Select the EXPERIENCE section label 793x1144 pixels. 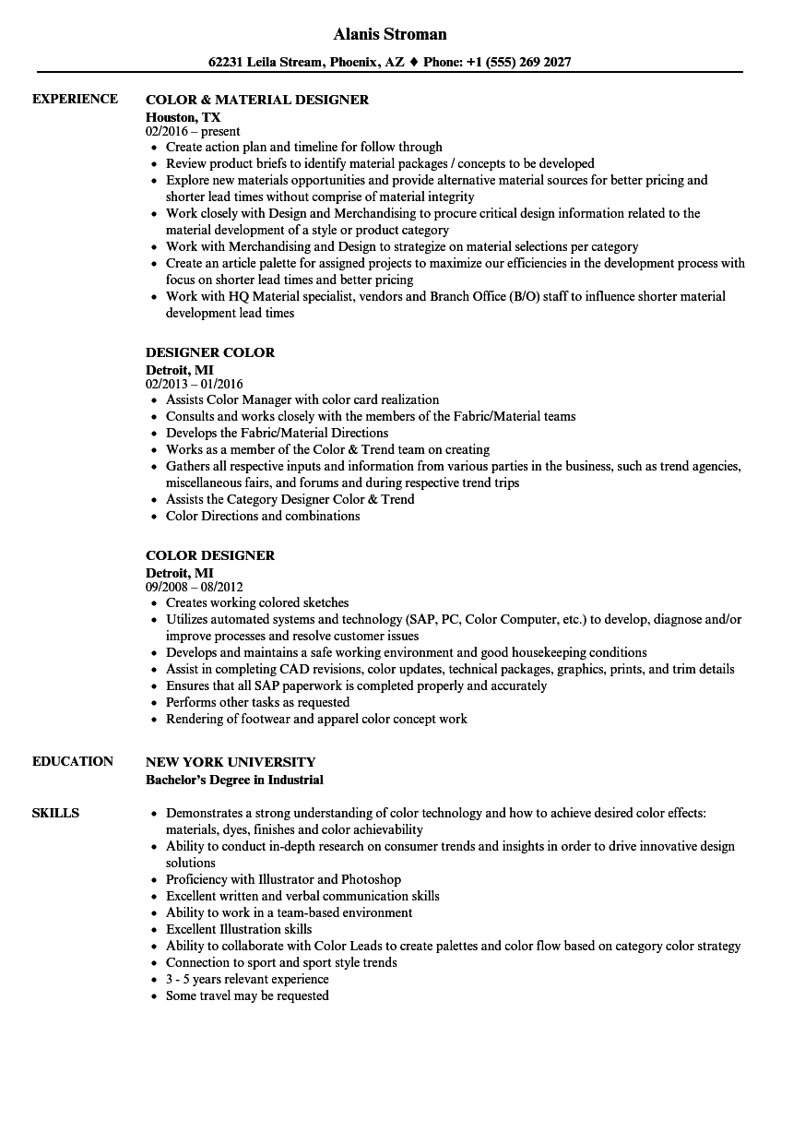[x=75, y=99]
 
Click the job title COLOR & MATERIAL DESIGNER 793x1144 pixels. [x=257, y=100]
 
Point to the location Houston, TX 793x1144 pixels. [x=183, y=116]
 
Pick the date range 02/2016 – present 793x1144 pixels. [x=193, y=131]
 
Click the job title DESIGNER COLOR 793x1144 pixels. [x=210, y=352]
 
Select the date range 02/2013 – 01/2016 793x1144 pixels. [x=195, y=384]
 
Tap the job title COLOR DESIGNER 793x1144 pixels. [x=210, y=555]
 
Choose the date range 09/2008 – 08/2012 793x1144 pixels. [x=195, y=587]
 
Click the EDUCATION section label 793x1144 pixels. [x=73, y=761]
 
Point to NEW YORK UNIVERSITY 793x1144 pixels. [x=231, y=762]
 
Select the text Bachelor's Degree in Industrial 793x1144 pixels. [x=234, y=780]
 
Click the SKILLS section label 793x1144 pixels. [x=55, y=813]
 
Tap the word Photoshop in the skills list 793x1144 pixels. [x=371, y=879]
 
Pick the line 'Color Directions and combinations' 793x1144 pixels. [x=263, y=516]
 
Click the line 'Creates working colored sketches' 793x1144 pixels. [x=257, y=602]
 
